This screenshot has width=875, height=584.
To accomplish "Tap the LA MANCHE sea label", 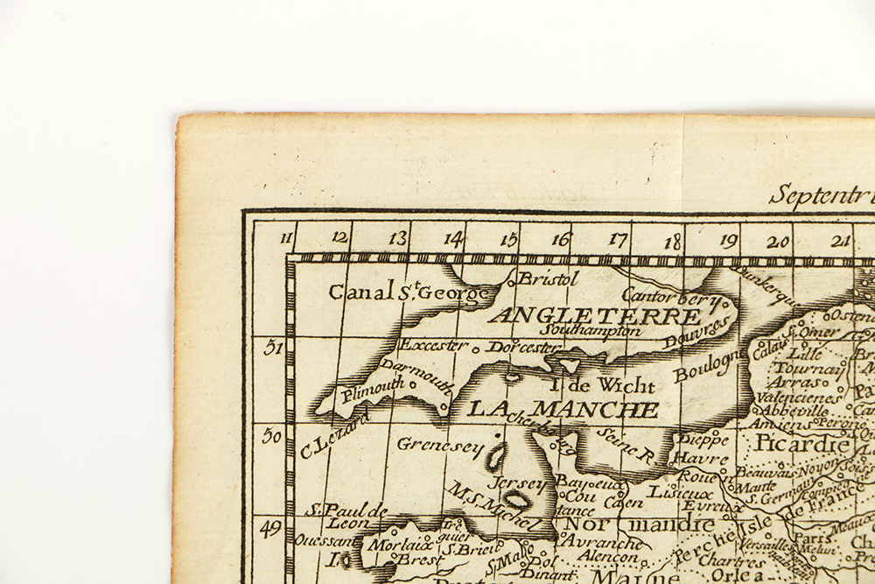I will tap(563, 409).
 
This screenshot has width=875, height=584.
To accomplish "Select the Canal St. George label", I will tap(409, 292).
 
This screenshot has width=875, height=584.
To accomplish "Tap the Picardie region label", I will tap(801, 443).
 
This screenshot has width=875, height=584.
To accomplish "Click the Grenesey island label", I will tap(440, 445).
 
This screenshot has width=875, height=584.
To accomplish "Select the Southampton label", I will tap(590, 331).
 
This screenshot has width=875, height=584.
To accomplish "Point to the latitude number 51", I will tap(272, 348).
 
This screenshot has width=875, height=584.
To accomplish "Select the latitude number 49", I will tap(271, 527).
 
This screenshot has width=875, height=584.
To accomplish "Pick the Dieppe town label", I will tap(703, 438).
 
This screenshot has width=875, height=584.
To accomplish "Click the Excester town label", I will tap(434, 346).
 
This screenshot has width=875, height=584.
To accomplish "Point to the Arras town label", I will tap(794, 382).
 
